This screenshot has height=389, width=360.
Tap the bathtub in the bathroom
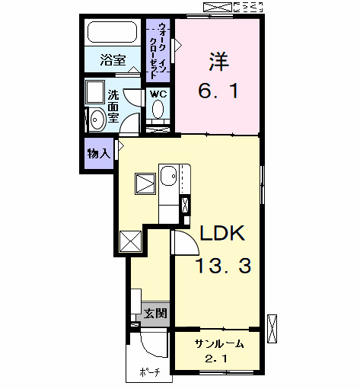(x=112, y=33)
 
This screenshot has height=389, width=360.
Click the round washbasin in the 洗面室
(x=97, y=120)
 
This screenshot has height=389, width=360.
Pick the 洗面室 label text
(x=113, y=107)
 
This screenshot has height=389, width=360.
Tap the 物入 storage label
(x=99, y=154)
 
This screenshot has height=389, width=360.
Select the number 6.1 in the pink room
(x=220, y=92)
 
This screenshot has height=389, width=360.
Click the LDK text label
(x=222, y=234)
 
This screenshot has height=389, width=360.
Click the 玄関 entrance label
(x=156, y=313)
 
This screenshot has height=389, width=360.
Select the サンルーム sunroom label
(x=218, y=343)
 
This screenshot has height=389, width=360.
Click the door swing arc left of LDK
(x=183, y=243)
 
